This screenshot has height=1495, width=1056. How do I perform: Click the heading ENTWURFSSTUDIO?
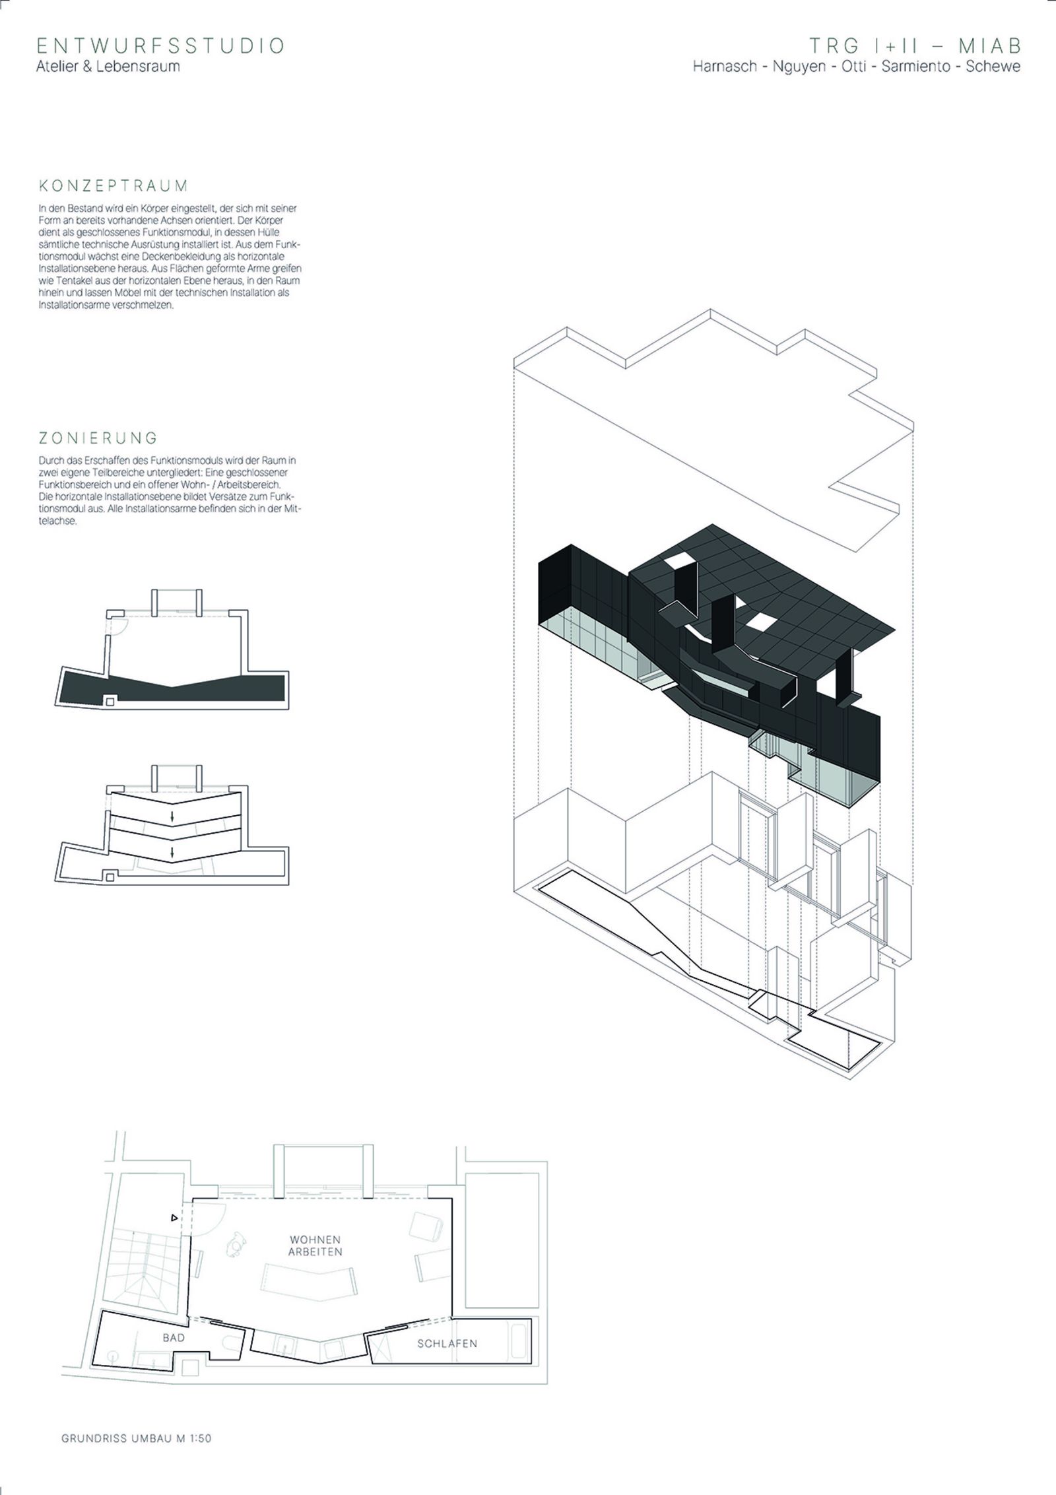(160, 46)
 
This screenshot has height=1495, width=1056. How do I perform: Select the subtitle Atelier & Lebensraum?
(108, 66)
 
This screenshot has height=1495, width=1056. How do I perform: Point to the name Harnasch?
(725, 67)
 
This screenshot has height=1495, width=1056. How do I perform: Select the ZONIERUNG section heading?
(98, 438)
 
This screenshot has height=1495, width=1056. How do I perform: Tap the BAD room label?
(174, 1338)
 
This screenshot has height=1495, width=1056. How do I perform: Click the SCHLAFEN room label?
(447, 1344)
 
